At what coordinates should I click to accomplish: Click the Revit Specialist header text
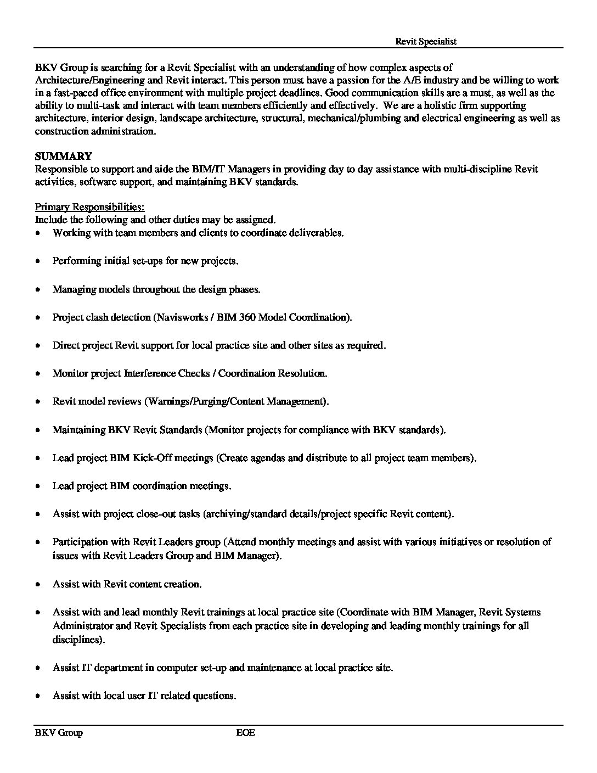point(426,41)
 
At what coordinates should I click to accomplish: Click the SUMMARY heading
point(64,156)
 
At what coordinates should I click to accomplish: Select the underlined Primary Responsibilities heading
point(89,207)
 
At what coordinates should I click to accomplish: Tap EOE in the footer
point(245,732)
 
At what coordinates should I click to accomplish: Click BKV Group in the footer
point(59,732)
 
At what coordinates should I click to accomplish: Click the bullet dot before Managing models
point(37,289)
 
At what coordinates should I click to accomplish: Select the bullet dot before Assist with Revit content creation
point(37,585)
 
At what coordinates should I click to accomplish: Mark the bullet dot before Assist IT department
point(37,668)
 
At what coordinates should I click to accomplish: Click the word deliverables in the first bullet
point(316,233)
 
